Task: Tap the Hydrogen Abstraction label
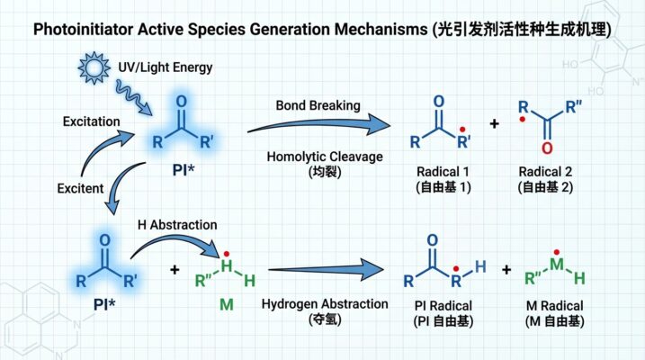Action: click(326, 304)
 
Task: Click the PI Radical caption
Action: click(437, 306)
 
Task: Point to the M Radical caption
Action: click(558, 306)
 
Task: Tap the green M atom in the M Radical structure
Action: click(557, 268)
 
